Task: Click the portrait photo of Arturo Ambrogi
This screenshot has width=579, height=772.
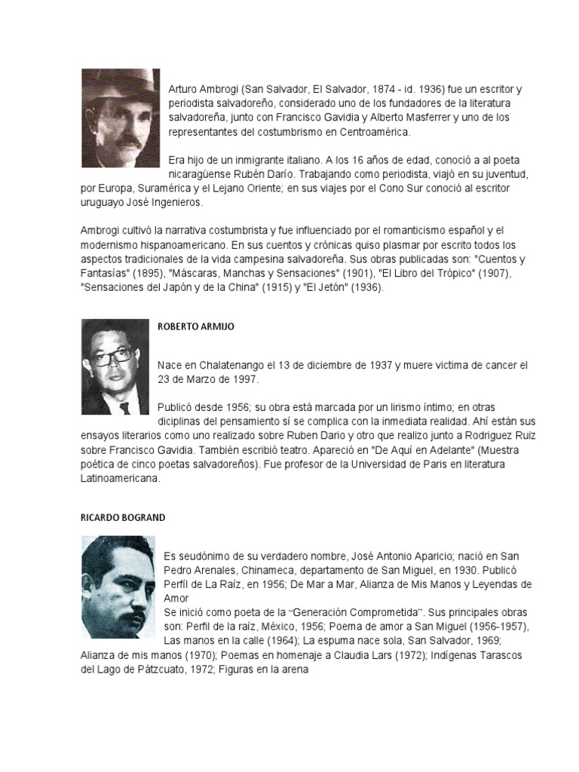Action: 121,118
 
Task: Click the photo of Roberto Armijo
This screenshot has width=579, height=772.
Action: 115,366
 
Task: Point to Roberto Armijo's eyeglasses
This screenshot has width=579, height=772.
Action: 112,356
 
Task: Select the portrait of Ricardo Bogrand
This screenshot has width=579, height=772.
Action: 118,576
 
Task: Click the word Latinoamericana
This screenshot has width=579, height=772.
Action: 119,478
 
